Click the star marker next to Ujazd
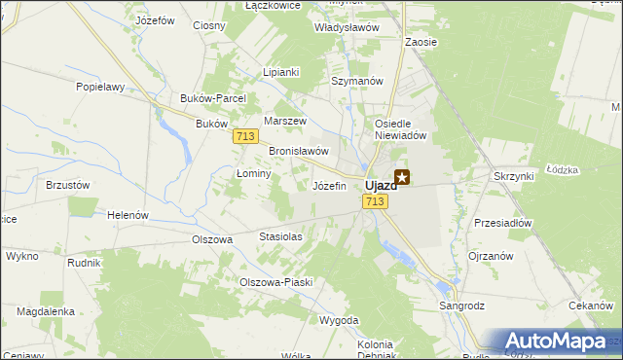(x=401, y=178)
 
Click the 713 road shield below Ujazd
(x=376, y=201)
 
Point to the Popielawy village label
(x=101, y=87)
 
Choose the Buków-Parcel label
(x=213, y=98)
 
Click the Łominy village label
(x=253, y=172)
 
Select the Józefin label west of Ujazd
(x=328, y=185)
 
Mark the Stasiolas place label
(x=280, y=236)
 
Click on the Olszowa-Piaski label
(x=275, y=282)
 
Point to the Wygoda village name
(x=339, y=320)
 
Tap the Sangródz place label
(x=461, y=306)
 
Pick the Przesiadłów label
(x=502, y=223)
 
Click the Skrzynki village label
(x=513, y=176)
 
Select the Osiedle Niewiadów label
(x=401, y=130)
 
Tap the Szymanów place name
(x=357, y=81)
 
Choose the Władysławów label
(x=346, y=28)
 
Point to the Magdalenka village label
(x=46, y=311)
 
